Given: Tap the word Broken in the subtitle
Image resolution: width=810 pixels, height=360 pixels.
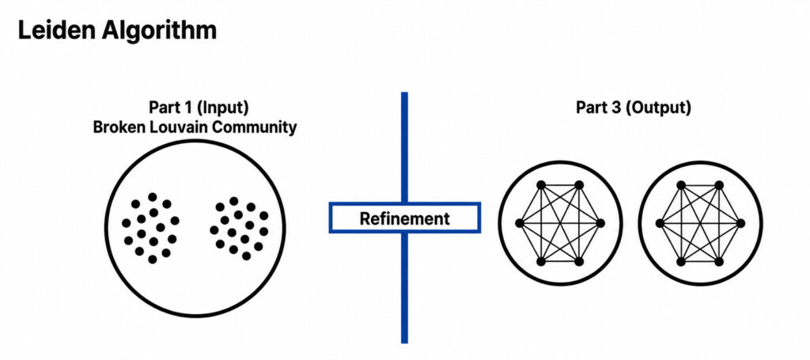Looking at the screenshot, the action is coord(114,127).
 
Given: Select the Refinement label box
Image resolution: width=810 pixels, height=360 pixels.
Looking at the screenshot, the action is coord(404,218).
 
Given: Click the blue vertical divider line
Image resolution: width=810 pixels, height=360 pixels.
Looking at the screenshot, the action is coord(404,218).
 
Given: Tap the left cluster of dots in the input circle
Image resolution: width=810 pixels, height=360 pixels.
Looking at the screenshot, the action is coord(151,228).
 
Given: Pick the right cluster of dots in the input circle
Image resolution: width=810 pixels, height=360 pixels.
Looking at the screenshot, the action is coord(240,228).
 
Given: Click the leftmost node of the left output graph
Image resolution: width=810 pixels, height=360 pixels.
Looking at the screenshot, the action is coord(520,223).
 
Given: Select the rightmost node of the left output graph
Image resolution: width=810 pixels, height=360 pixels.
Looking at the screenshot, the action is coord(600,223).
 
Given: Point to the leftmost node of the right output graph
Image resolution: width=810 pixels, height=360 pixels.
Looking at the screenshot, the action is coord(660,223).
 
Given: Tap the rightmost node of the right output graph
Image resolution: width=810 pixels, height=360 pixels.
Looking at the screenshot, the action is coord(740,223).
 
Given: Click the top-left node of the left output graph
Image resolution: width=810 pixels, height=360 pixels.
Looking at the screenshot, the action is coord(541,185).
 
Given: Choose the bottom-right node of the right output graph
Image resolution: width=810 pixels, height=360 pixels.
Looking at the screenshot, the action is coord(719,261).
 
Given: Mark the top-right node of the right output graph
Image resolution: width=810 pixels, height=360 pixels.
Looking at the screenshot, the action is coord(719,185).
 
